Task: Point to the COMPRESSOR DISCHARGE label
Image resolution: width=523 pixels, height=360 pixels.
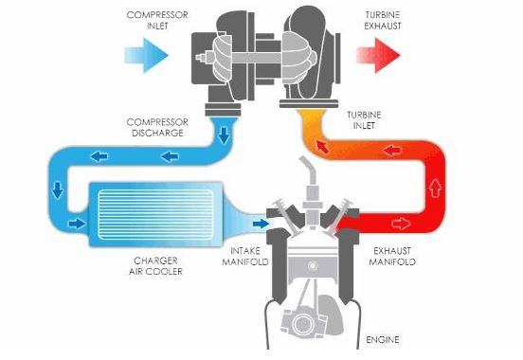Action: (157, 128)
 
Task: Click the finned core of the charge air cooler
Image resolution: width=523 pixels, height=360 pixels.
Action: (152, 213)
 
